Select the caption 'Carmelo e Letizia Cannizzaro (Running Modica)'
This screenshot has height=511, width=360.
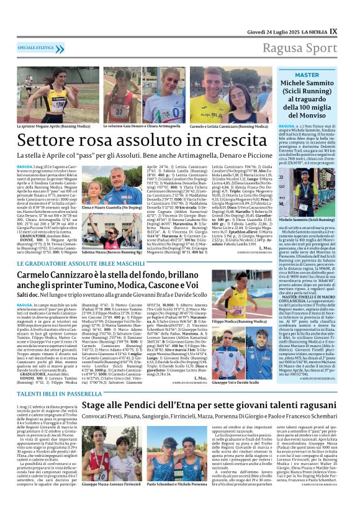(228, 126)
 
